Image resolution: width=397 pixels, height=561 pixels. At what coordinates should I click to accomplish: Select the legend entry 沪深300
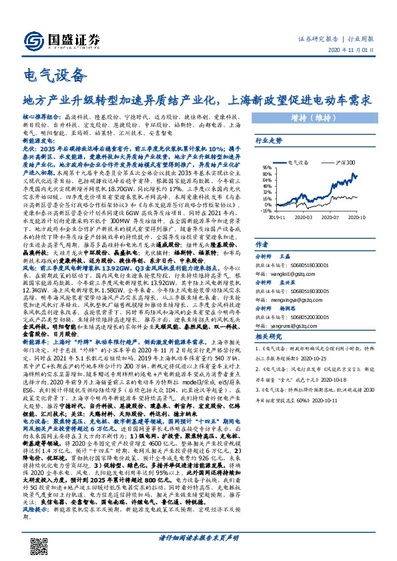click(342, 162)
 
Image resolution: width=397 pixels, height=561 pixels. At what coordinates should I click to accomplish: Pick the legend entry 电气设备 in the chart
click(302, 162)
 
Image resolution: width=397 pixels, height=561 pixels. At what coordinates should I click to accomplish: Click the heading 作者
click(262, 245)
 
